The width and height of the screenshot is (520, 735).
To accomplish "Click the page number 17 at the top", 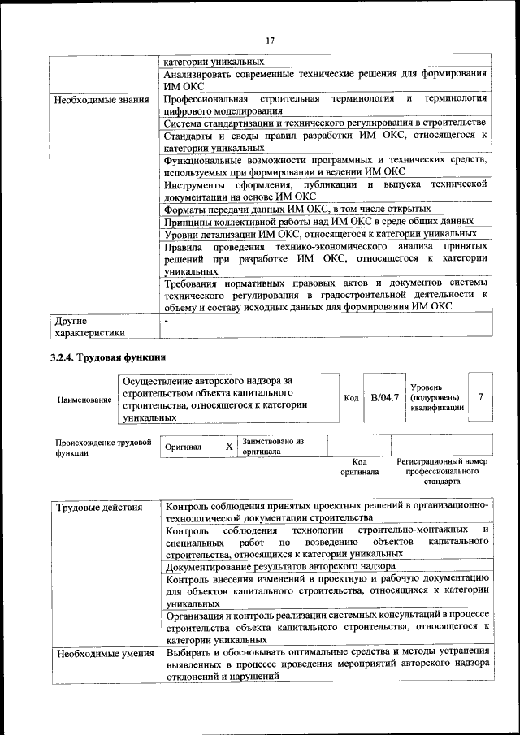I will pos(270,40).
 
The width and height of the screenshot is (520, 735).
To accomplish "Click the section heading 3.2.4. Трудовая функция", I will pos(108,357).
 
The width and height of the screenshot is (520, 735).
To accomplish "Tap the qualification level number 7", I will pos(480,397).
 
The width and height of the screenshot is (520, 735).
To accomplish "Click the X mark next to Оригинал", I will pos(229,447).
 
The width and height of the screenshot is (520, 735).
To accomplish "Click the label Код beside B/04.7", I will pos(351,398).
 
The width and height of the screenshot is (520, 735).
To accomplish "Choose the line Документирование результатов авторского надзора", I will pos(280,565).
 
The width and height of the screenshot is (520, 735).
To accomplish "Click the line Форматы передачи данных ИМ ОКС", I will pos(297,209).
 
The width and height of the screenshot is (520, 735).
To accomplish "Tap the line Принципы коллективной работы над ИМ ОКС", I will pos(319,221).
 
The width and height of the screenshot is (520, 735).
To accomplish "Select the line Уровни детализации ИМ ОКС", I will pos(320,234).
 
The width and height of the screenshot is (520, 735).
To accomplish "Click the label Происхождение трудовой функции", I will pos(103,447).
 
